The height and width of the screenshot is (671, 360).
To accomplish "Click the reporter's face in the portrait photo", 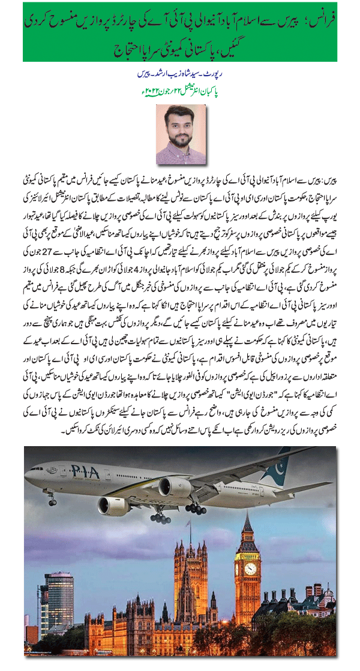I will click(x=181, y=125).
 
